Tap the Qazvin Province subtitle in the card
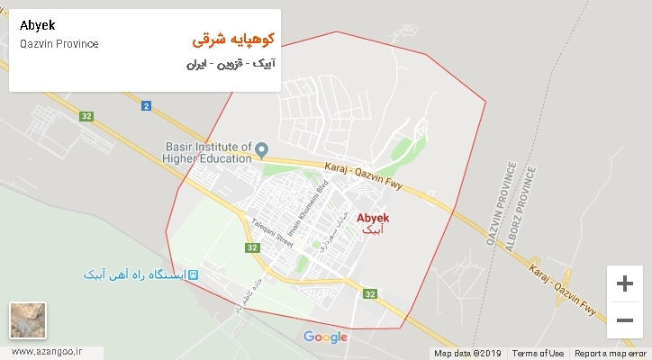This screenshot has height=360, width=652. click(59, 44)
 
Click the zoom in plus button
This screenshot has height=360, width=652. click(624, 283)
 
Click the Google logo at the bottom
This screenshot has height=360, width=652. click(325, 337)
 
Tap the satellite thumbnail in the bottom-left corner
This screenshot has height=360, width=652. click(28, 319)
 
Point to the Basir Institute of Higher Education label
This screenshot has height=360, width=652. click(207, 154)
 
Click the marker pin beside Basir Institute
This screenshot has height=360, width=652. click(262, 148)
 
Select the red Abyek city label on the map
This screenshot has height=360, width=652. click(373, 218)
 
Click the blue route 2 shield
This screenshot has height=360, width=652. click(145, 107)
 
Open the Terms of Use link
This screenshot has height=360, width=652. click(539, 354)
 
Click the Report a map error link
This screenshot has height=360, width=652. click(610, 354)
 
